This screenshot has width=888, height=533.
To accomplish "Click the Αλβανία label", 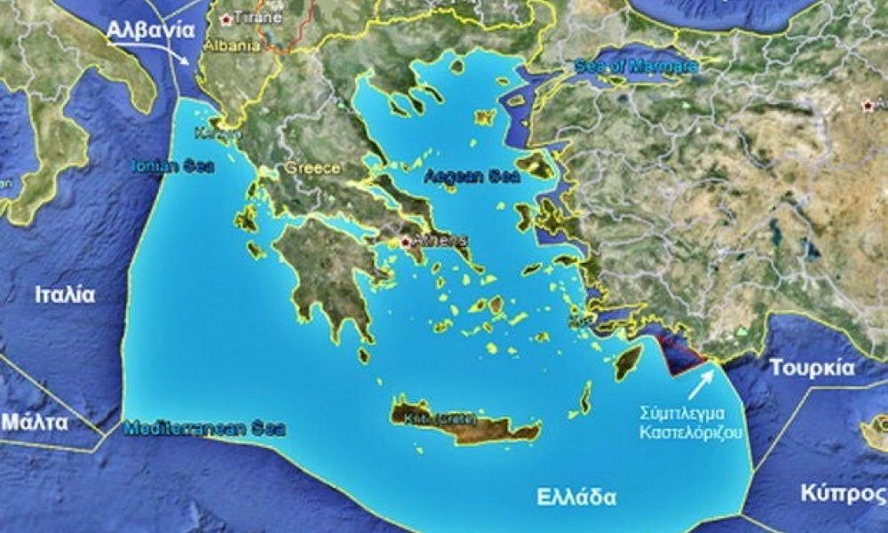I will pos(150,29).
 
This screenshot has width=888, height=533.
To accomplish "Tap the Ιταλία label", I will pos(65,295).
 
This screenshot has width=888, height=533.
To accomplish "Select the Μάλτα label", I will pos(35,422).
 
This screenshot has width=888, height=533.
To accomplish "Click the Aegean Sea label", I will pos(458,175).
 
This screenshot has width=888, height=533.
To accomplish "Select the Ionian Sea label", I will pos(173,166).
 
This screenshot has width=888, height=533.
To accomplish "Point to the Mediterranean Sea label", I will pos(205,428).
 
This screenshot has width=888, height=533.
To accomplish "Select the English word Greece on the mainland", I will pos(313,168).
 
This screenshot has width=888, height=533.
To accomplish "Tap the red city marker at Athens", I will pos(406,241).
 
